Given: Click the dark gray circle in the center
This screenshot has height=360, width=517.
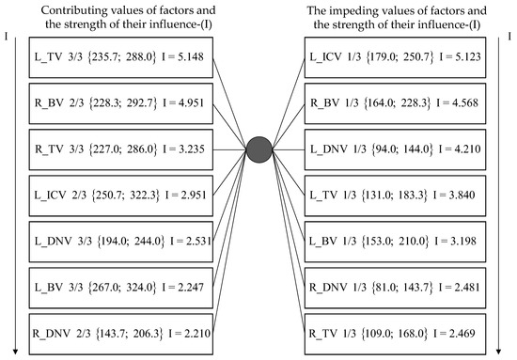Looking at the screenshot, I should pos(258,149).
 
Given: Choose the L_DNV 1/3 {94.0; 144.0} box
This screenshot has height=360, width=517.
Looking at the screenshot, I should pos(400,149).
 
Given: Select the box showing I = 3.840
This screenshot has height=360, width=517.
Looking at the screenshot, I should pos(400,194).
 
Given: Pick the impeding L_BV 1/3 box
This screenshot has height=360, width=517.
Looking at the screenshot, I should pos(400,240).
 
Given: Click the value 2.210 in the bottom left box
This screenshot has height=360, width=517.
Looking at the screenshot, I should pos(192,332).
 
